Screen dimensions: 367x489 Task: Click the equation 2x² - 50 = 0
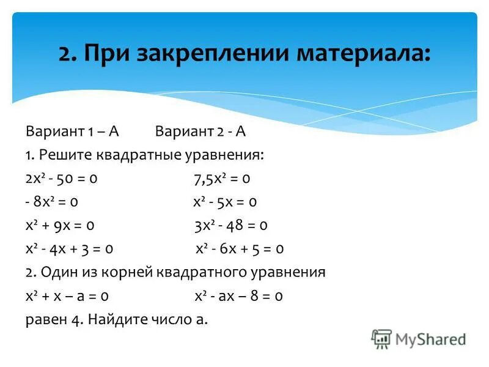62,179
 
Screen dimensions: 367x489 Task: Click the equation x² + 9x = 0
60,225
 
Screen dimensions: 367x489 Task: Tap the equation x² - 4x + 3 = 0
69,249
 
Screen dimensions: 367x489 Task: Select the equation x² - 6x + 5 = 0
239,249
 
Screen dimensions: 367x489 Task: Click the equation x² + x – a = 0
67,295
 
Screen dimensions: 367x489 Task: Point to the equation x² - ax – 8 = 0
238,295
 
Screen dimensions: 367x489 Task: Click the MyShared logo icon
382,338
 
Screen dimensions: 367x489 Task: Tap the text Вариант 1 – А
72,132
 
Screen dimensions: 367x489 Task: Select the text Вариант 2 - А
200,132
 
